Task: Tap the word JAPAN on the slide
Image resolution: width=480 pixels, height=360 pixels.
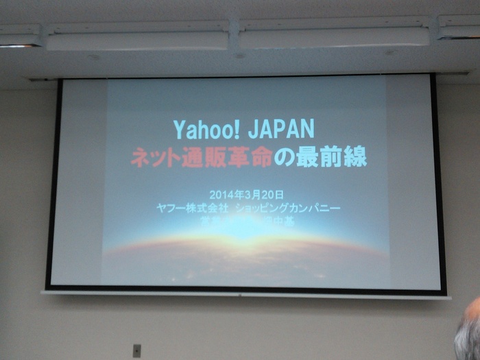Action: (x=280, y=129)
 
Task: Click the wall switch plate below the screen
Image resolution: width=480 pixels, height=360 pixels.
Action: (x=136, y=350)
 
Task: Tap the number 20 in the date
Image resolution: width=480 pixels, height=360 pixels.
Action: (x=267, y=194)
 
